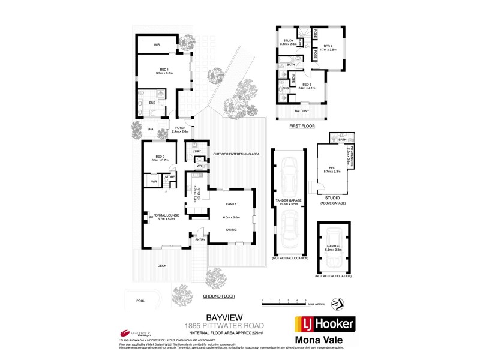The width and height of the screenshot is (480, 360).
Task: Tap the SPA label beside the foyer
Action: click(151, 128)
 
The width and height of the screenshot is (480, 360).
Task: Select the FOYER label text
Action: click(180, 128)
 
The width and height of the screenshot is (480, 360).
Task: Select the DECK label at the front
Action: click(161, 265)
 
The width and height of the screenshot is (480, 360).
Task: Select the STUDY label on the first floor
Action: click(288, 41)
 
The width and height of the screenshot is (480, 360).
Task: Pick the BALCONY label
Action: click(302, 111)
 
